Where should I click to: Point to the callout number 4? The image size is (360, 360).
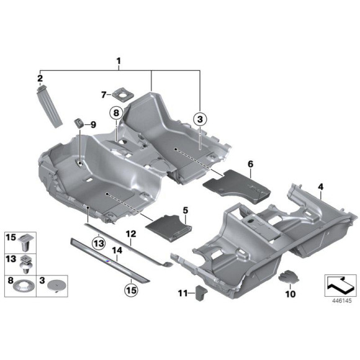coord(320,186)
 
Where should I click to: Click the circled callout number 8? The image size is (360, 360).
coord(115,112)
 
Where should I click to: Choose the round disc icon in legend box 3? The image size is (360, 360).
coord(56,284)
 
